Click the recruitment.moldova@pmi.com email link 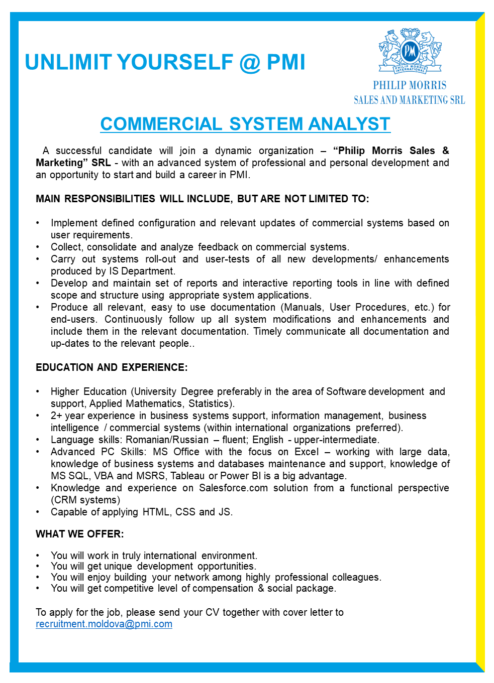coord(104,624)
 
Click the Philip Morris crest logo coord(410,51)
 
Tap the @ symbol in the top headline coord(250,62)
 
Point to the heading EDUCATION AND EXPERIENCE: coord(112,367)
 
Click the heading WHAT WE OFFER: coord(80,534)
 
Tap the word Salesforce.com coord(233,488)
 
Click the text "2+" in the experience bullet coord(56,416)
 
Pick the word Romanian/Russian coord(167,440)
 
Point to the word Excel coord(307,452)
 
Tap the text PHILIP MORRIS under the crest coord(410,85)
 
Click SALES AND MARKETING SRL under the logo coord(409,100)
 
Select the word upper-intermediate coord(336,440)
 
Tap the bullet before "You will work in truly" coord(38,556)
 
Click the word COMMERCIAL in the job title coord(161,124)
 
